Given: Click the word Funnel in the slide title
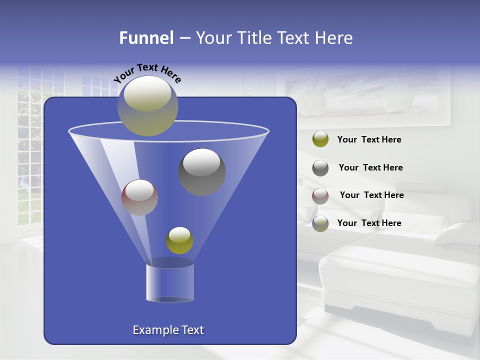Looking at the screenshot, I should pyautogui.click(x=146, y=38).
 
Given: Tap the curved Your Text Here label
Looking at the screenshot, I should pyautogui.click(x=147, y=72).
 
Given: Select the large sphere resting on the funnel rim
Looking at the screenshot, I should pyautogui.click(x=148, y=105).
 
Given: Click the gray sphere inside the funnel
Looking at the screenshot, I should pyautogui.click(x=202, y=172).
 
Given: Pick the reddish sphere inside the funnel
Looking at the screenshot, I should pyautogui.click(x=139, y=197).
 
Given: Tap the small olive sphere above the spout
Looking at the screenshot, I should pyautogui.click(x=179, y=240).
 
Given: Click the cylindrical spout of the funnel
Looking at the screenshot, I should pyautogui.click(x=170, y=283).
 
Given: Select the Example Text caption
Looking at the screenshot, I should pyautogui.click(x=168, y=330).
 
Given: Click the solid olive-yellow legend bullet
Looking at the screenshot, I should pyautogui.click(x=320, y=139).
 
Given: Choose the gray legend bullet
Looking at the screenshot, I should pyautogui.click(x=320, y=168).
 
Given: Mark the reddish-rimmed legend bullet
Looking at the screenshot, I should pyautogui.click(x=320, y=195).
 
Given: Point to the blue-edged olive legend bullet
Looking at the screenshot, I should pyautogui.click(x=320, y=223).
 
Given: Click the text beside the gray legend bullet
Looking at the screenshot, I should pyautogui.click(x=370, y=167).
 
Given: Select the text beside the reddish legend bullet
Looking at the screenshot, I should pyautogui.click(x=371, y=195).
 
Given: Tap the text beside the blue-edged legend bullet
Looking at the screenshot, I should pyautogui.click(x=369, y=223).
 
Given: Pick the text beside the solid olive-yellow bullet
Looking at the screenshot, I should pyautogui.click(x=369, y=139).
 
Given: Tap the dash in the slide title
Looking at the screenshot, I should pyautogui.click(x=184, y=38).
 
